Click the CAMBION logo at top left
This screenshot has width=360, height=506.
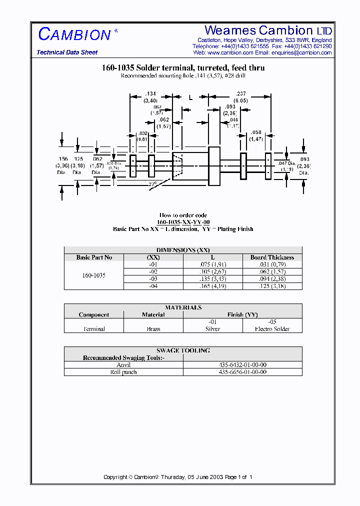point(74,34)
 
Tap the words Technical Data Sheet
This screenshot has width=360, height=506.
point(67,52)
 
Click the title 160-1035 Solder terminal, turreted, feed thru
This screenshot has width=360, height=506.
point(183,67)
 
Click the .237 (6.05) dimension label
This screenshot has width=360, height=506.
point(242,97)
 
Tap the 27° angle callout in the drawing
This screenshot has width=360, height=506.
point(152,184)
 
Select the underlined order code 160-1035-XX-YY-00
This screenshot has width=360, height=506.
point(183,222)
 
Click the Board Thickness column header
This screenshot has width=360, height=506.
point(272,257)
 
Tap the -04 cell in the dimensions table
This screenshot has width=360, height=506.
point(153,286)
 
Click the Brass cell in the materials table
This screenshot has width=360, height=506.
point(153,329)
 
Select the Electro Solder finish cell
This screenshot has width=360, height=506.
point(272,329)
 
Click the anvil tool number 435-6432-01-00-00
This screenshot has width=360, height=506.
point(242,365)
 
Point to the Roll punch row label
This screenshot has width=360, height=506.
point(123,372)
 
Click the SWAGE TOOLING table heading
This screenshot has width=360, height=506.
point(183,350)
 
